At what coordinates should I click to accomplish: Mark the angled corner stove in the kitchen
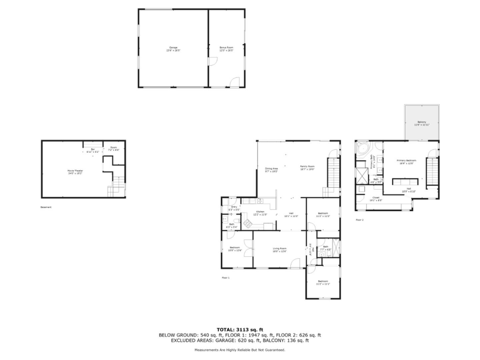click(x=247, y=224)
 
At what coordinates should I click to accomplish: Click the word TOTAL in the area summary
click(x=226, y=330)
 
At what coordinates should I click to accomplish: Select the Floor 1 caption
click(x=226, y=278)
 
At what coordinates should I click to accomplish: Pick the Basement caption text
click(x=46, y=207)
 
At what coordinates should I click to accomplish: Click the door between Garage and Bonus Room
click(x=212, y=61)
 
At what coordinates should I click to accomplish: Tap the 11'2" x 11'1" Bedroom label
click(x=323, y=283)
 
